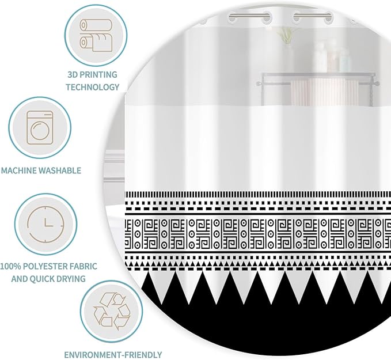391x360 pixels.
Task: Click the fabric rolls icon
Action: click(96, 36)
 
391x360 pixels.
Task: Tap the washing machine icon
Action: click(40, 128)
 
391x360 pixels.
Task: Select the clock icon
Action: click(45, 224)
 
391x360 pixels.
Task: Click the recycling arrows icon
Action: click(112, 311)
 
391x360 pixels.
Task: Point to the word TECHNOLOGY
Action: click(93, 87)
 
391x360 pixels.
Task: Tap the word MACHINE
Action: click(19, 170)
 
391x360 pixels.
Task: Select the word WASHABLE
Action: click(60, 170)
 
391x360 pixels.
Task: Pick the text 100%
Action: click(10, 266)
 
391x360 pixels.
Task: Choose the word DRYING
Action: click(70, 279)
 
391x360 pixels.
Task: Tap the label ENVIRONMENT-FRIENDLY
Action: click(113, 354)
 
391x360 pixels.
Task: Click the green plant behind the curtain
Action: click(283, 35)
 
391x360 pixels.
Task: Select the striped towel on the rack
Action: click(319, 92)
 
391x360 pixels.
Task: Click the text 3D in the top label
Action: click(73, 75)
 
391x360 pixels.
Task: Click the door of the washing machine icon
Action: click(39, 131)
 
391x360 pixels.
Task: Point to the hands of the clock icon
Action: click(48, 223)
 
